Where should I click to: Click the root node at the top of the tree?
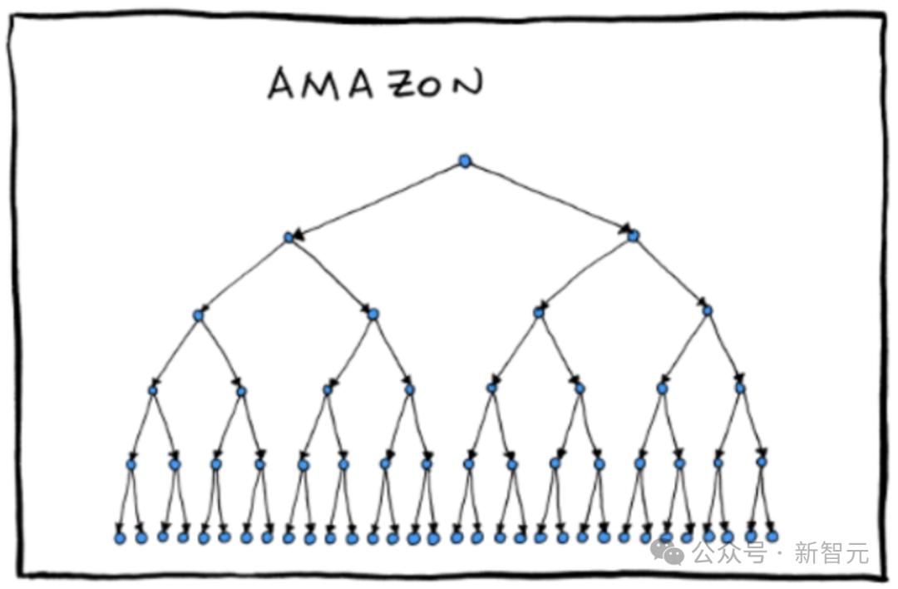(465, 161)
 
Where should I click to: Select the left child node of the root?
(289, 237)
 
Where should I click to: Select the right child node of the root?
(633, 235)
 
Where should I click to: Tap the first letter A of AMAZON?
(282, 84)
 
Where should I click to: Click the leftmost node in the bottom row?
(120, 538)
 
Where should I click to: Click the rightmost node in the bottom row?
(772, 537)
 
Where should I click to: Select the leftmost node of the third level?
(198, 315)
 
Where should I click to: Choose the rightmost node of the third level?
(708, 311)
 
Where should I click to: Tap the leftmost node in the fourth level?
(153, 391)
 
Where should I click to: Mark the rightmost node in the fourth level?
(740, 389)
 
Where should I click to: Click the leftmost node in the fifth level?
(131, 465)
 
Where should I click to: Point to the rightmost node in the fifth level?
(761, 462)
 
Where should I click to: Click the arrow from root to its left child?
(378, 199)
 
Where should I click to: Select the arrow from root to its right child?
(550, 198)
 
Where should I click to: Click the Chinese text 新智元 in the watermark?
(831, 553)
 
